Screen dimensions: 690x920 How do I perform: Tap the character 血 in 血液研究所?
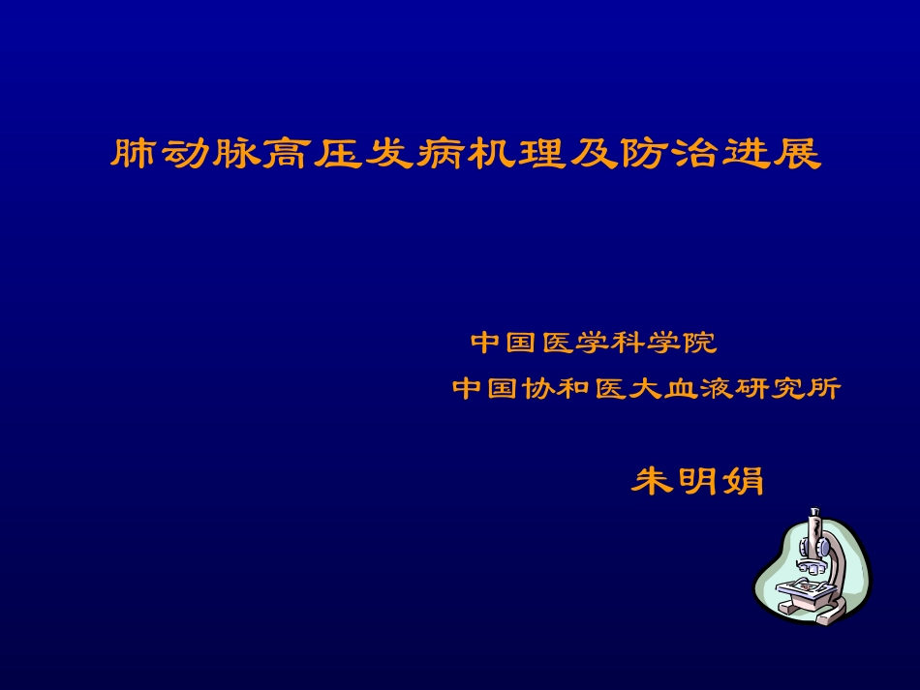682,389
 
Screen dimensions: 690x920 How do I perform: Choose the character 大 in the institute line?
646,389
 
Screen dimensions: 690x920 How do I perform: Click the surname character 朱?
653,481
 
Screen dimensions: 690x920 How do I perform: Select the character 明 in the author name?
697,481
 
